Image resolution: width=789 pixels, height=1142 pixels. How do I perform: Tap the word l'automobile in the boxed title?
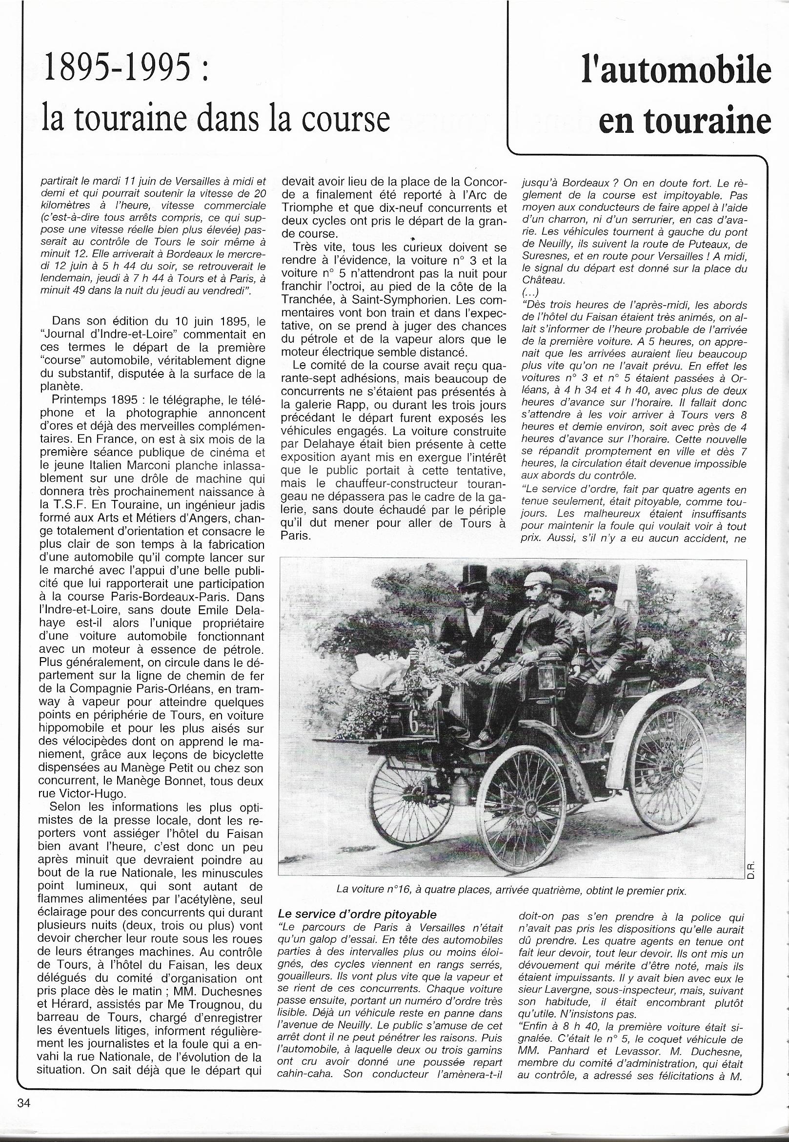(676, 71)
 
